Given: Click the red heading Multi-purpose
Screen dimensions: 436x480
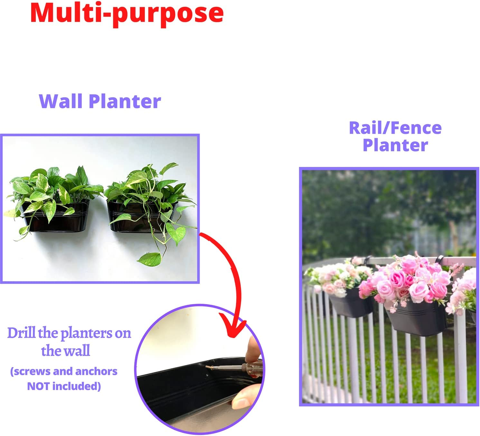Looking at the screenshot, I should tap(127, 14).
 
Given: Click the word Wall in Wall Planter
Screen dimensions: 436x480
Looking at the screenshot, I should tap(61, 102).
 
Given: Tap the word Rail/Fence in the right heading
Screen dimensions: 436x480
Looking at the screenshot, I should tap(395, 128).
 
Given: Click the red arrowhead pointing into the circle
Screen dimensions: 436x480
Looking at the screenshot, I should tap(237, 328).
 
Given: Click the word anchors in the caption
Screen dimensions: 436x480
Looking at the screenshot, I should tap(96, 371).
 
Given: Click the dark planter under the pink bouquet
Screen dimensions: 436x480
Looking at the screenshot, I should tap(417, 320).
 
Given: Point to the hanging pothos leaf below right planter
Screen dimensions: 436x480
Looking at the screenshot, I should tap(150, 258).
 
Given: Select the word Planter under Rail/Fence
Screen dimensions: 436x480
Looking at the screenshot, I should tap(395, 145).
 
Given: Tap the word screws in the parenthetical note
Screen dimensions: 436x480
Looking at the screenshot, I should tap(32, 371).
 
